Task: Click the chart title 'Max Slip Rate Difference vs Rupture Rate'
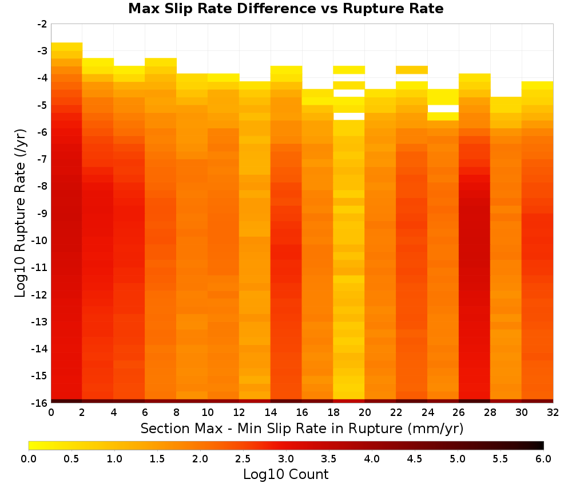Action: click(x=285, y=9)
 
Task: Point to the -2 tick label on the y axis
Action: click(x=42, y=24)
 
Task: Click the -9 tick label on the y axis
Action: click(x=42, y=213)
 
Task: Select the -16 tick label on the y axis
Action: click(x=39, y=403)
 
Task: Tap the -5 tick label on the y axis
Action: click(x=42, y=105)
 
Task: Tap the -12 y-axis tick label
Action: click(x=39, y=295)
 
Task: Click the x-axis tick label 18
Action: click(x=333, y=413)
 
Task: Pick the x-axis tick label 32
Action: click(x=553, y=413)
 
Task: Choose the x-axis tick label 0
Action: click(x=51, y=413)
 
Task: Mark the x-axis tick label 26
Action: click(x=459, y=413)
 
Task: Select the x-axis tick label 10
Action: click(x=208, y=413)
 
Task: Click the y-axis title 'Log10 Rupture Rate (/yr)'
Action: click(x=20, y=213)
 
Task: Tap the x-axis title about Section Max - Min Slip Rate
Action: click(x=302, y=428)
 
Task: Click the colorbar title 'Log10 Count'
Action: click(x=285, y=474)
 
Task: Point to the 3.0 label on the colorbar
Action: click(x=286, y=459)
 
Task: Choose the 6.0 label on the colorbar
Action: click(x=543, y=459)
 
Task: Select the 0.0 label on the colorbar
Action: click(x=29, y=459)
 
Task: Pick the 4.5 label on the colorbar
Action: click(x=415, y=459)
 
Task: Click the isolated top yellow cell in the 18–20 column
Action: click(x=349, y=70)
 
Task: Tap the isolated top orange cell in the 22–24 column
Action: click(x=411, y=70)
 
